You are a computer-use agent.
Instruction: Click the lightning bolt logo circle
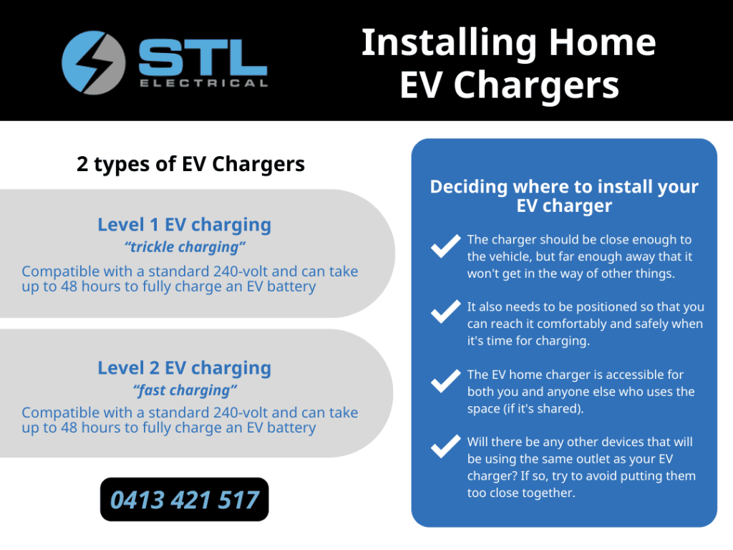coord(94,63)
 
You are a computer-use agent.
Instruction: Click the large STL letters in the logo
coord(203,57)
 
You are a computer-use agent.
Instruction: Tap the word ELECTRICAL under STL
coord(204,83)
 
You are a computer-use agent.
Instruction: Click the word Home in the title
coord(602,42)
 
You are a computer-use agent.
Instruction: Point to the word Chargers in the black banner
coord(536,86)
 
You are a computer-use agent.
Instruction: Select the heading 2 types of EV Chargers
coord(190,164)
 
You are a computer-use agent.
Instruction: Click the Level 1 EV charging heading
coord(184,225)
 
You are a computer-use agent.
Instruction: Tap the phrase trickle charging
coord(185,247)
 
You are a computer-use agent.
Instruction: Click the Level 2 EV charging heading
coord(184,368)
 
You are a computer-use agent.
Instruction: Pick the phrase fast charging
coord(185,390)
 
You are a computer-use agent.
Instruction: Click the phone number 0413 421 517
coord(184,500)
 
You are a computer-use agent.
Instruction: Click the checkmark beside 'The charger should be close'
coord(445,246)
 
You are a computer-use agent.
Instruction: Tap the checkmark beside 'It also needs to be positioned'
coord(445,312)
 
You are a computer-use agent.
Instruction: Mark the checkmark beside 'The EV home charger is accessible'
coord(445,381)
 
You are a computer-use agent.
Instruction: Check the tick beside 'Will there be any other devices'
coord(445,446)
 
